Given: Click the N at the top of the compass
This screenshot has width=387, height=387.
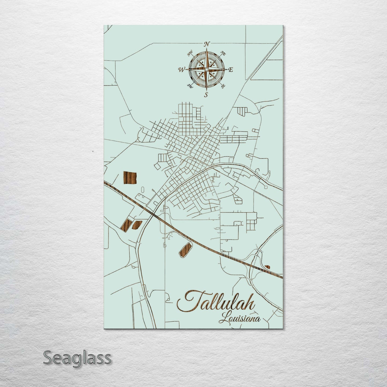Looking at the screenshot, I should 206,44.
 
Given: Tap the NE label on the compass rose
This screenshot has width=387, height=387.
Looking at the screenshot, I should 223,54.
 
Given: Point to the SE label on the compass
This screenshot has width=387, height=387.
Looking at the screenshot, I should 223,86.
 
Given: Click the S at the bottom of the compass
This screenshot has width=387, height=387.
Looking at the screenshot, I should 206,94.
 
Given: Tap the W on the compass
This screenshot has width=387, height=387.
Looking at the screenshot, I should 181,70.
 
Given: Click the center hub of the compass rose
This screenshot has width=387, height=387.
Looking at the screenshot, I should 206,69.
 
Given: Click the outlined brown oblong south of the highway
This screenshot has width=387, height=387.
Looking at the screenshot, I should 185,250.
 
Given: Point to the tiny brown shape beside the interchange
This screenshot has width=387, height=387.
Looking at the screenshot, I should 267,266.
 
